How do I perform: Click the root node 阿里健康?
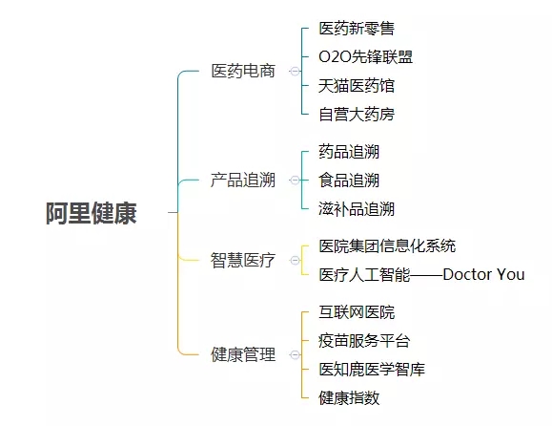(x=92, y=213)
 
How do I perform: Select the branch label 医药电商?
(x=243, y=72)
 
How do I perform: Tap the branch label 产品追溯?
(x=243, y=180)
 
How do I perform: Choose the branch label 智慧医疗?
(x=243, y=260)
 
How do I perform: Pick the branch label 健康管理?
(x=243, y=354)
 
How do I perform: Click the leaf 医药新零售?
(x=357, y=29)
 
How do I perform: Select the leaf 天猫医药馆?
(x=357, y=86)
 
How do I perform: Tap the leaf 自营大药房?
(x=357, y=115)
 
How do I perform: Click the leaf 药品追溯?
(x=350, y=152)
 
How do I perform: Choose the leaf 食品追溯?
(x=350, y=180)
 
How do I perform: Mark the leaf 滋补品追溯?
(x=357, y=208)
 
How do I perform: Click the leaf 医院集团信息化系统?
(x=387, y=245)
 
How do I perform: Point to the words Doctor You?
(x=483, y=274)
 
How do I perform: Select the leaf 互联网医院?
(x=357, y=312)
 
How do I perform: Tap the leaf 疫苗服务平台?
(x=364, y=340)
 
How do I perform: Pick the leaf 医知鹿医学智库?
(x=372, y=369)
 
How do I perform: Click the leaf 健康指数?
(x=350, y=397)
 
